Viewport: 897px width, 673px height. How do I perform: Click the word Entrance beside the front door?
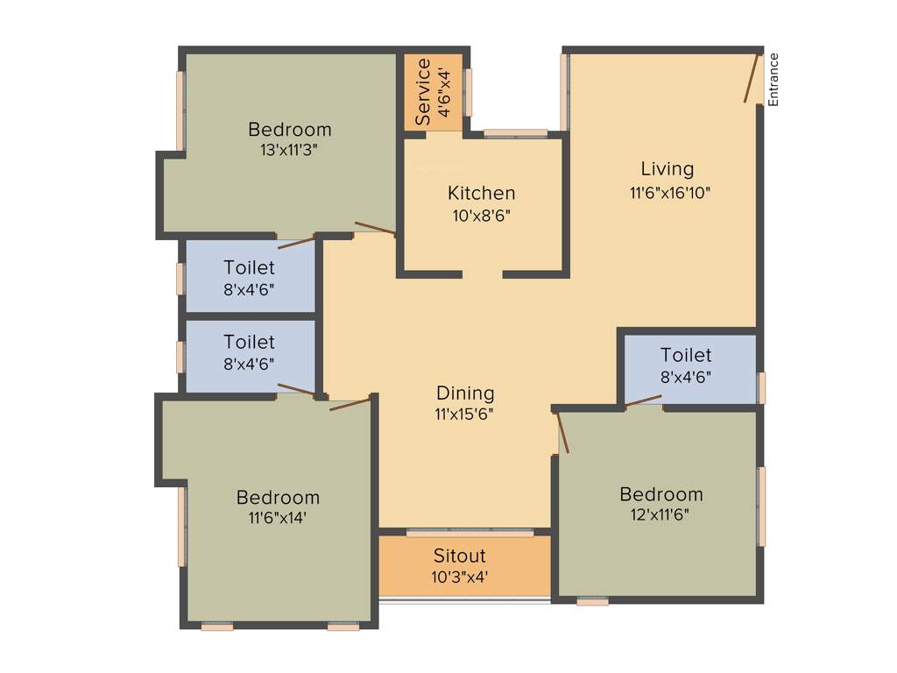coord(773,80)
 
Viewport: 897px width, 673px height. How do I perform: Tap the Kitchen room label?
coord(481,193)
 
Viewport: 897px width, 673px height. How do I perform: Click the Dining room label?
coord(465,393)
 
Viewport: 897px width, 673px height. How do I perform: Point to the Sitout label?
coord(459,556)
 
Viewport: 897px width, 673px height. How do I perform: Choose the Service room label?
coord(423,91)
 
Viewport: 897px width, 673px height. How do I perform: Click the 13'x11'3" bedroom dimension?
coord(289,150)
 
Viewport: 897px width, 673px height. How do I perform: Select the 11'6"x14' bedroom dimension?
coord(278,519)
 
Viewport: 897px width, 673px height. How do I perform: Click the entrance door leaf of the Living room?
coord(752,78)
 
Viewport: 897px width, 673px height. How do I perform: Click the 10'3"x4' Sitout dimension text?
coord(459,577)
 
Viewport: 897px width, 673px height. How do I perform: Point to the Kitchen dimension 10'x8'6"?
coord(481,216)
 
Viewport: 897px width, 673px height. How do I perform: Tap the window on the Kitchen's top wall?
coord(515,134)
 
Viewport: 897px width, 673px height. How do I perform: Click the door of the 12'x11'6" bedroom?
coord(563,433)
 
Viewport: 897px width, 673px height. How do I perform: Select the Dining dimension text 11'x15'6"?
coord(465,414)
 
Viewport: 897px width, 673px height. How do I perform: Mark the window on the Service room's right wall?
coord(469,92)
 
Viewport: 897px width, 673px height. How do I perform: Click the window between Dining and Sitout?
coord(470,532)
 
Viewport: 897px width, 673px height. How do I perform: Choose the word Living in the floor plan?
coord(667,169)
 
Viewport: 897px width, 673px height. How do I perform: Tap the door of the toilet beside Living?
coord(644,401)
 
